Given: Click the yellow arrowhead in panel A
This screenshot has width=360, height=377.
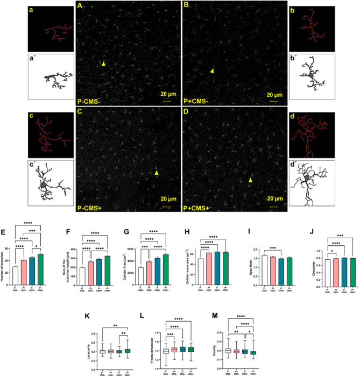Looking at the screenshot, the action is [x=103, y=64].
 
